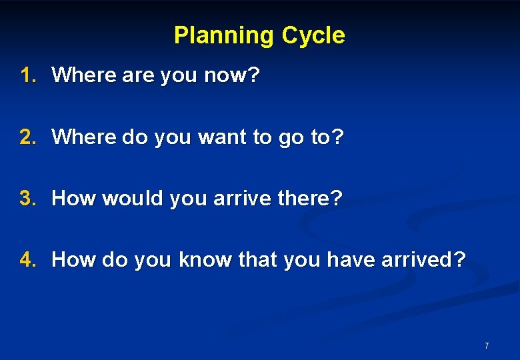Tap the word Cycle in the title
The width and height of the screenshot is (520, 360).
313,35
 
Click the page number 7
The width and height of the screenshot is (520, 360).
487,345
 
